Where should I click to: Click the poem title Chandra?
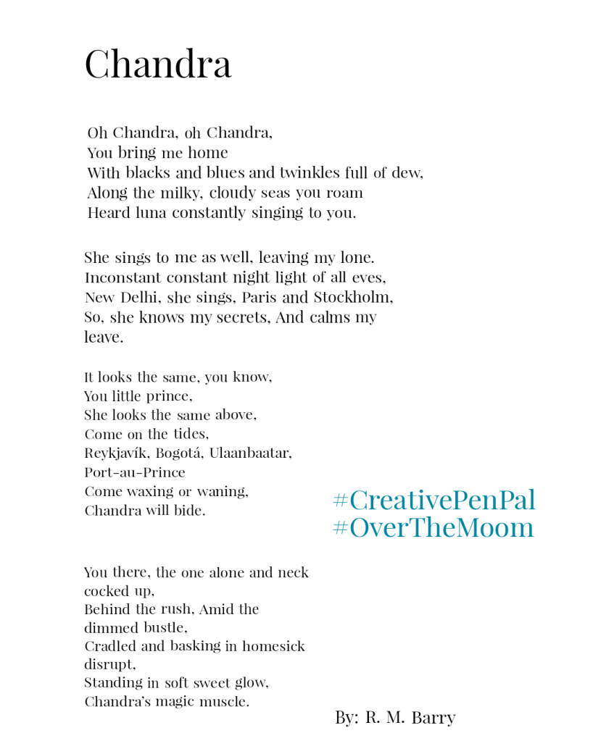(x=158, y=64)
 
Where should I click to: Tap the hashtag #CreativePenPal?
(x=434, y=500)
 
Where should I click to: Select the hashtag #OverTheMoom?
(x=434, y=527)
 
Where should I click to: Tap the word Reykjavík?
(x=117, y=453)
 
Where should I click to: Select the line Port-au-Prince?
(x=135, y=472)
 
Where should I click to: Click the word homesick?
(x=273, y=645)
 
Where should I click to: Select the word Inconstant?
(x=123, y=277)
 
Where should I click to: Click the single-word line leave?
(x=104, y=337)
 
